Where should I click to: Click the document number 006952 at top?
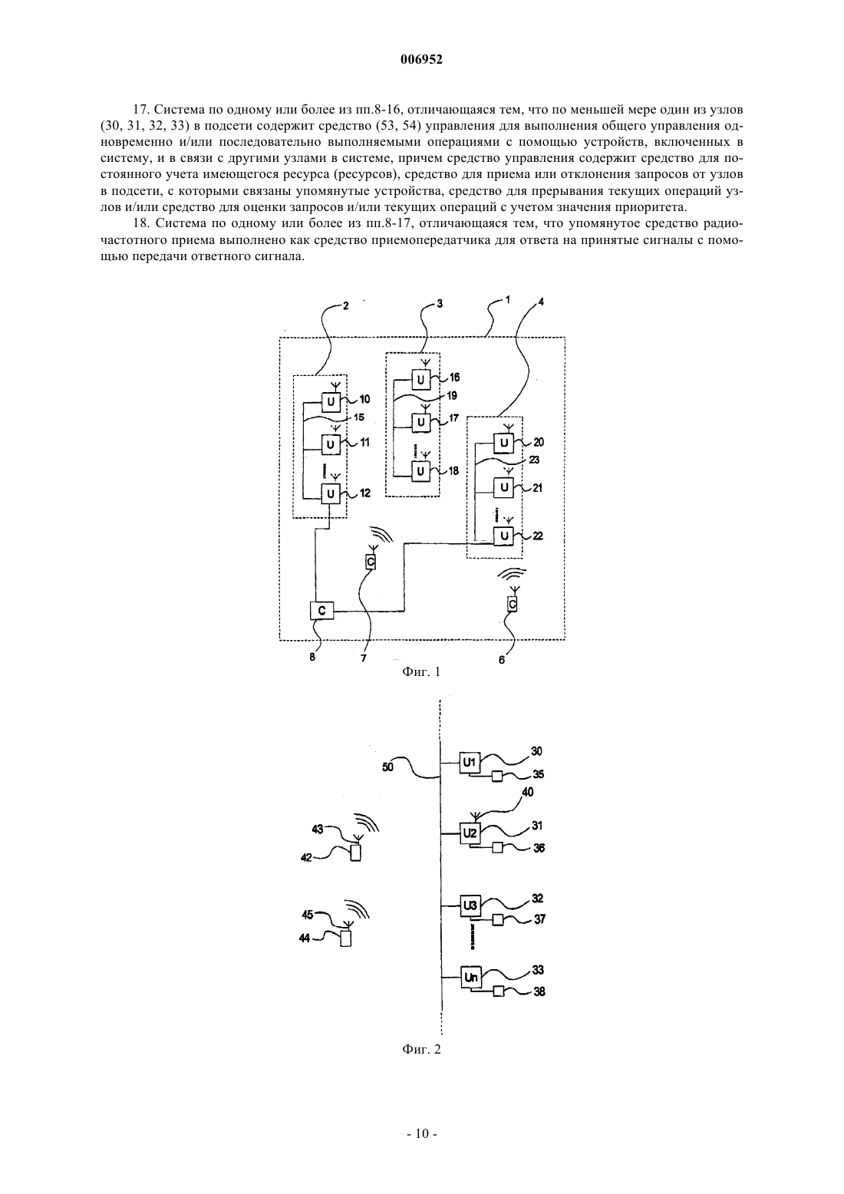[421, 60]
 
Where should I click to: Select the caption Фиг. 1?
[421, 671]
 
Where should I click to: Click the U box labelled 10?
[331, 401]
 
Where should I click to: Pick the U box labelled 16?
[420, 379]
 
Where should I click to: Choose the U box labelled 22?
[503, 536]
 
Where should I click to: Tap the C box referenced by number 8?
[321, 610]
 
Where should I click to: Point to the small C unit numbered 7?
[371, 561]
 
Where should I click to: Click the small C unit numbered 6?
[513, 603]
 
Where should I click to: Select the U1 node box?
[470, 763]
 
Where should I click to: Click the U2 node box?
[470, 833]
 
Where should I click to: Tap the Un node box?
[471, 977]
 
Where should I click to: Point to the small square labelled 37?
[498, 920]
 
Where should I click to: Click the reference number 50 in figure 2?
[388, 767]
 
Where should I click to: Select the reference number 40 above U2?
[527, 792]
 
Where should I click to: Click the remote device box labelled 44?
[346, 938]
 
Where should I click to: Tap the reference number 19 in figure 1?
[451, 396]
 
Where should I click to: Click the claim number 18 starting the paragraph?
[140, 223]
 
